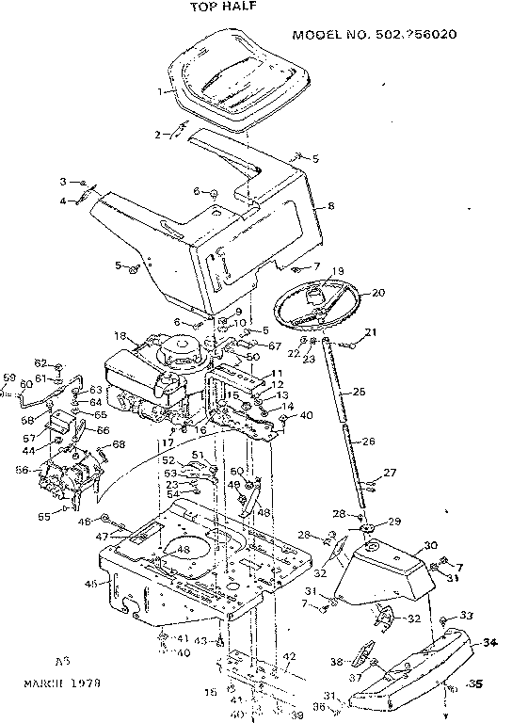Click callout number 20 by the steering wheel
pyautogui.click(x=378, y=293)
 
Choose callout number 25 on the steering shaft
pyautogui.click(x=359, y=391)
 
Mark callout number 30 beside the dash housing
pyautogui.click(x=431, y=545)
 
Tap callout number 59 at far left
pyautogui.click(x=8, y=378)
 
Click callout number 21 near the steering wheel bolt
pyautogui.click(x=370, y=331)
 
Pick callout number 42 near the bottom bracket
pyautogui.click(x=290, y=656)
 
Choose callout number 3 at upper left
pyautogui.click(x=64, y=181)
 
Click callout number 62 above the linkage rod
pyautogui.click(x=40, y=362)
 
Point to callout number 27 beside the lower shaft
pyautogui.click(x=390, y=473)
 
